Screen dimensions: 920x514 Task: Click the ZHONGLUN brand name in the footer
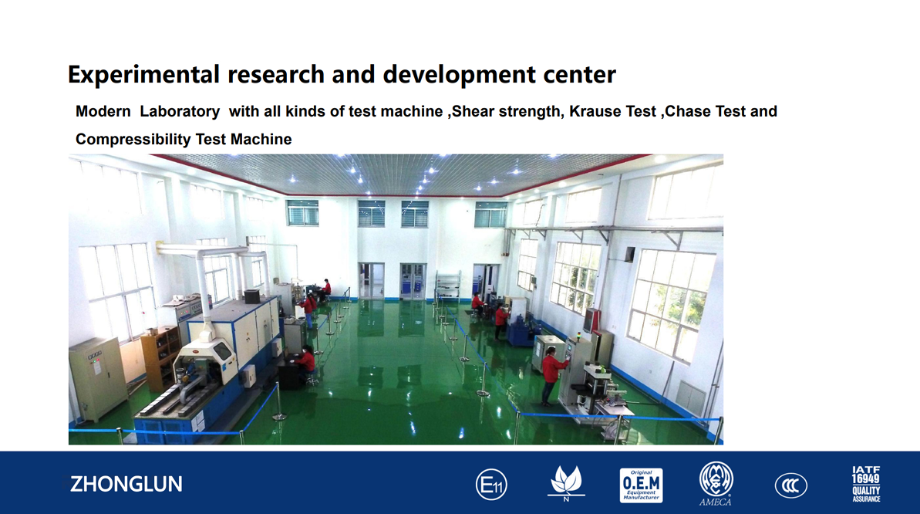pos(126,484)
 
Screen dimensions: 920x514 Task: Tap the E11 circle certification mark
pos(491,485)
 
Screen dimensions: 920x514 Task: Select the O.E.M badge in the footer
pos(642,485)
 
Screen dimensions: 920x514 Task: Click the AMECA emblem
pos(716,483)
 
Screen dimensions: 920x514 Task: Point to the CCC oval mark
pos(791,485)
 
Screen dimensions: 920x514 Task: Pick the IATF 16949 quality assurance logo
pos(866,484)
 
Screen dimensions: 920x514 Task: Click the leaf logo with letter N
pos(566,484)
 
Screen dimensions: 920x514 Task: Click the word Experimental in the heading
pos(143,75)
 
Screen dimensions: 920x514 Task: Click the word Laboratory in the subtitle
pos(180,112)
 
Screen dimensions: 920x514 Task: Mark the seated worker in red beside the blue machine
pos(305,364)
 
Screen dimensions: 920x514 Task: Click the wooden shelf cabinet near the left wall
pos(160,358)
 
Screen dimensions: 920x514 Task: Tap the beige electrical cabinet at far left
pos(97,379)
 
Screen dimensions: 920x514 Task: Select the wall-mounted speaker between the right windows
pos(629,255)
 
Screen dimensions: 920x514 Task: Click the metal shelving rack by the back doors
pos(448,286)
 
